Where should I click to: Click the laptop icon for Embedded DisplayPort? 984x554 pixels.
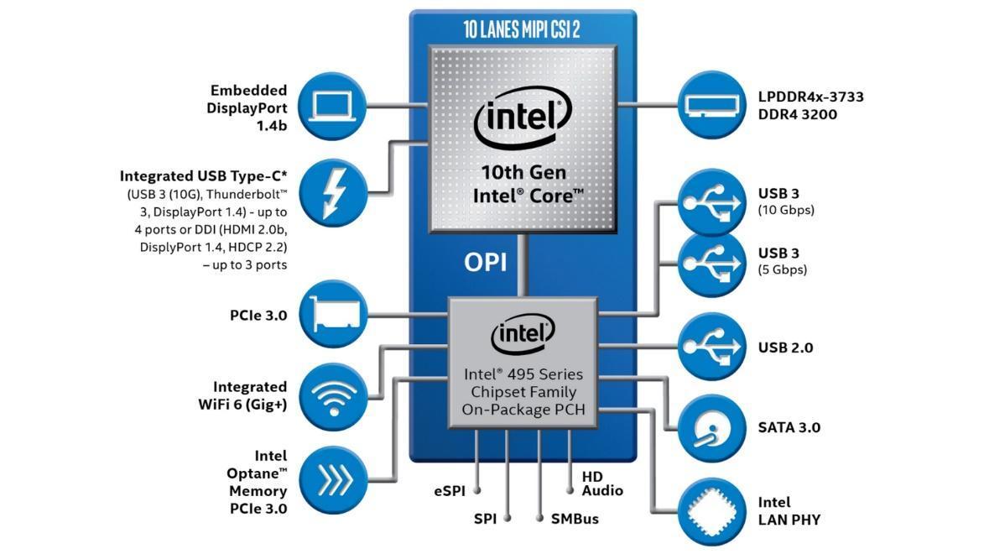(333, 106)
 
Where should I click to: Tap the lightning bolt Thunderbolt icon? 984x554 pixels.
(333, 191)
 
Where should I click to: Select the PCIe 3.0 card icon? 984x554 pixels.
(333, 315)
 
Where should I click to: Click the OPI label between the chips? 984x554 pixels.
(485, 263)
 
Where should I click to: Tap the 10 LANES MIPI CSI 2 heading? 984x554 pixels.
(521, 29)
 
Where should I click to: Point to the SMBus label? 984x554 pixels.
(575, 519)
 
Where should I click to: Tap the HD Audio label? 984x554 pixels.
(602, 483)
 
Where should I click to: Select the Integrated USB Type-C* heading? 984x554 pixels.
(203, 176)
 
